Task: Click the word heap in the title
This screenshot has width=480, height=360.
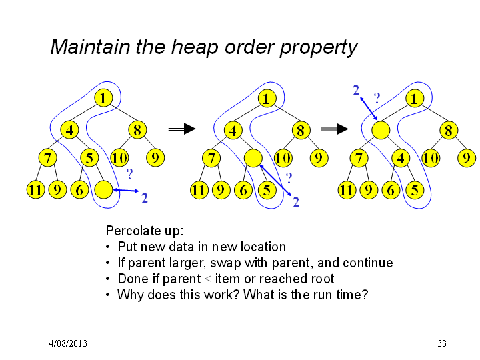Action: click(195, 47)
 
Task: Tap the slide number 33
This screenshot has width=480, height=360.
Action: click(442, 343)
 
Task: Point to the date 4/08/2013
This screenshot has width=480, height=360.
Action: click(68, 343)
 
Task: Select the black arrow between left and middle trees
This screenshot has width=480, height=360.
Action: click(182, 129)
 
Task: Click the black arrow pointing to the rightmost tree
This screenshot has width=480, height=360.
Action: click(334, 129)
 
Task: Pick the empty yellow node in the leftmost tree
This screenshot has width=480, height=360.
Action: click(103, 190)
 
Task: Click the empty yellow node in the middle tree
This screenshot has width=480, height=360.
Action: click(253, 158)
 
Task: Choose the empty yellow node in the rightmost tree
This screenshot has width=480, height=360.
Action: click(381, 130)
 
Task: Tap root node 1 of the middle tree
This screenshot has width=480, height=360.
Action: click(267, 99)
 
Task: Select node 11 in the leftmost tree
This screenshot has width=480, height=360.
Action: click(35, 190)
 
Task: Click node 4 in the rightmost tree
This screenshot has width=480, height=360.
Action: click(401, 158)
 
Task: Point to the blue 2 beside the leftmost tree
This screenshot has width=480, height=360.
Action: click(145, 199)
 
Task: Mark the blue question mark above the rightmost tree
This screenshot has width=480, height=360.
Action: click(377, 98)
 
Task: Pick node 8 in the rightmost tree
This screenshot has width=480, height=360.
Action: click(449, 130)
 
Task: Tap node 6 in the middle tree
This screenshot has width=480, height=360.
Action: click(243, 190)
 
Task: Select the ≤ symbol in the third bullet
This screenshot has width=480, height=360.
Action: click(208, 279)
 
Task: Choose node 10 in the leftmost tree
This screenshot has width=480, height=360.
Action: click(119, 158)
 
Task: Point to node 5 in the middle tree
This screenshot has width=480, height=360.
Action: click(267, 190)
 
